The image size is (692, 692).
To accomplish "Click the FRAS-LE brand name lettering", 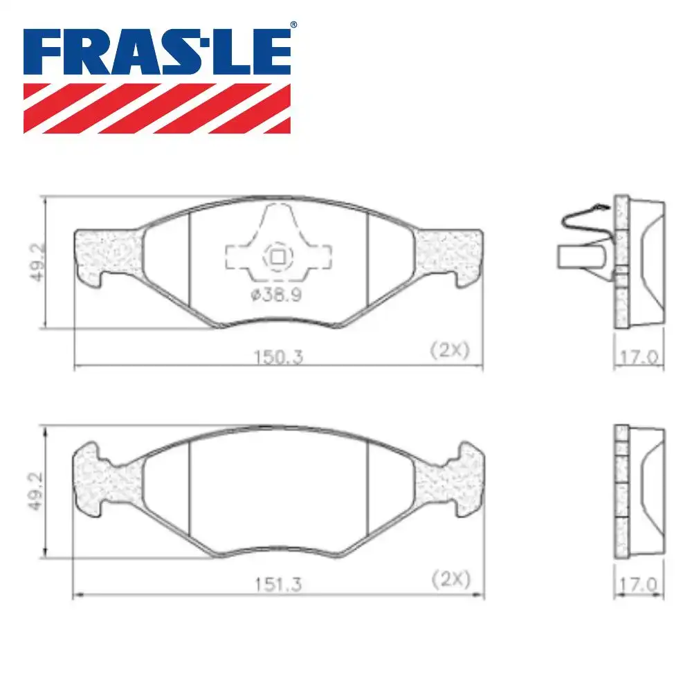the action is pyautogui.click(x=156, y=51).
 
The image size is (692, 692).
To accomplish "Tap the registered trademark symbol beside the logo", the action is pyautogui.click(x=293, y=25).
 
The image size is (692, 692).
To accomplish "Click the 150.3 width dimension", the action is pyautogui.click(x=278, y=356).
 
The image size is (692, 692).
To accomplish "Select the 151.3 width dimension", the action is pyautogui.click(x=278, y=584).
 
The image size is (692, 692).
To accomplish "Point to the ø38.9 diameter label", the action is pyautogui.click(x=276, y=294).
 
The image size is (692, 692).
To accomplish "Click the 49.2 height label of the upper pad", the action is pyautogui.click(x=38, y=262).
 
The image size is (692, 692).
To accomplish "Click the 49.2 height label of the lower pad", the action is pyautogui.click(x=36, y=491).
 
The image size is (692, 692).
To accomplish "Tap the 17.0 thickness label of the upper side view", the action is pyautogui.click(x=639, y=357).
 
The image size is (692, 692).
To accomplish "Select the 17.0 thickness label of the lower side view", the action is pyautogui.click(x=638, y=585).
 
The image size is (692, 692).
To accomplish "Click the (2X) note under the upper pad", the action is pyautogui.click(x=450, y=350).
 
